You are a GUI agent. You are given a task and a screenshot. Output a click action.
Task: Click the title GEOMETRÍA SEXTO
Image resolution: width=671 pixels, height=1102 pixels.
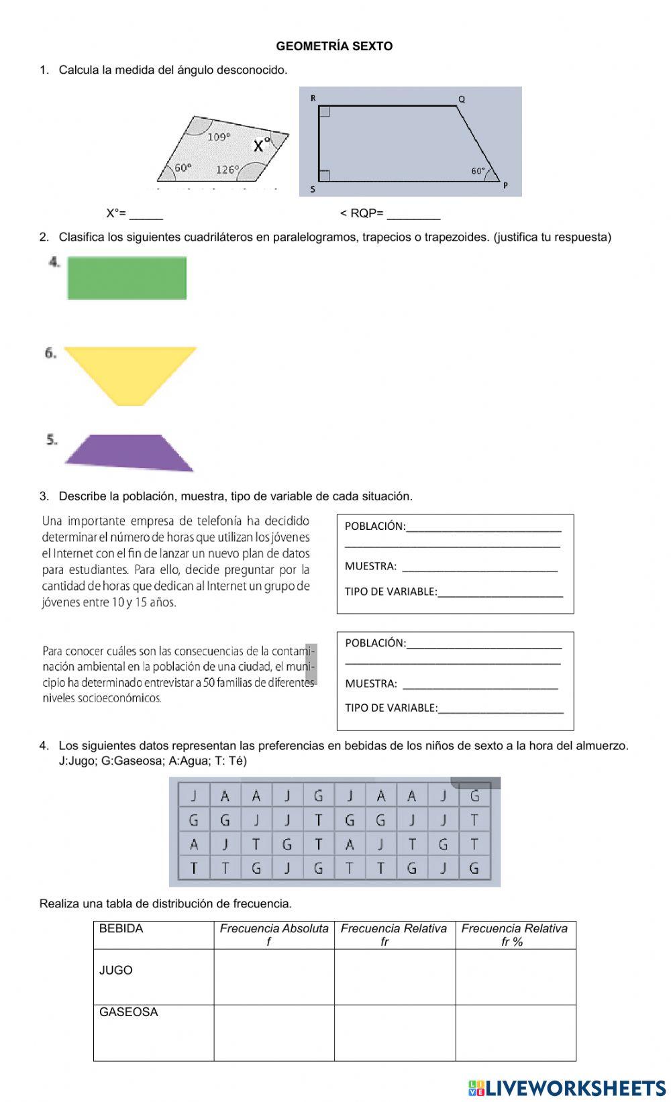334,46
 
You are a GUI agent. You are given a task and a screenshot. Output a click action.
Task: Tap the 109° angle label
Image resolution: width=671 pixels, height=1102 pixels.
219,137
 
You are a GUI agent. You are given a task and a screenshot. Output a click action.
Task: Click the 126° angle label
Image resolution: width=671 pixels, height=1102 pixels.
227,170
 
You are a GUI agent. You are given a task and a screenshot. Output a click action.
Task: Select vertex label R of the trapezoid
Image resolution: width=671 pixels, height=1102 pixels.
313,98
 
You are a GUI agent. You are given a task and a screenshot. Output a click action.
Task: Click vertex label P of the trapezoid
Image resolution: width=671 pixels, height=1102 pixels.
505,185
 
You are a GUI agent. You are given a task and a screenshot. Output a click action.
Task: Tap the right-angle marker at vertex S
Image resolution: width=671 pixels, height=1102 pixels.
324,176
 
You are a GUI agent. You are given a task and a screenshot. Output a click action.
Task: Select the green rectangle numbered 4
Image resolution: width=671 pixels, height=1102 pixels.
127,278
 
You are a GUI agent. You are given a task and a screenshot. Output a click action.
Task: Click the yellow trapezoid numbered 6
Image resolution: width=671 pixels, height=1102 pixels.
131,372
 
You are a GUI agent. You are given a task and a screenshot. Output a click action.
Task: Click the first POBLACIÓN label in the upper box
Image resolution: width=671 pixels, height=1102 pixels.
374,527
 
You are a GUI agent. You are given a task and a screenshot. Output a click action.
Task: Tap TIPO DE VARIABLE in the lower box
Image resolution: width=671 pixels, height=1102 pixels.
391,708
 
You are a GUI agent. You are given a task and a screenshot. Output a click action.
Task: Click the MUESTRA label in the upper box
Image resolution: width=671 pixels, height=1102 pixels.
370,567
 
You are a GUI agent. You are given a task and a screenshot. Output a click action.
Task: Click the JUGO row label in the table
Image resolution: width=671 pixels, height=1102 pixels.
116,971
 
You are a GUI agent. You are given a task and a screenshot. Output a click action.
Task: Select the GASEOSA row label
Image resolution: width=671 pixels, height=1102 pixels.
129,1012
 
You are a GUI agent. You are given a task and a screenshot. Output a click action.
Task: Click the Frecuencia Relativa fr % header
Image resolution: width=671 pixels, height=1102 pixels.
515,934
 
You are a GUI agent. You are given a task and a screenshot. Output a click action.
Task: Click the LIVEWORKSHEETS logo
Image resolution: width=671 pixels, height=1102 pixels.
567,1087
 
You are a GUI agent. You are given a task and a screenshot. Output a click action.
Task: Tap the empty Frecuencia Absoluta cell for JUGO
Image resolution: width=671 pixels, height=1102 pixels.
274,977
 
